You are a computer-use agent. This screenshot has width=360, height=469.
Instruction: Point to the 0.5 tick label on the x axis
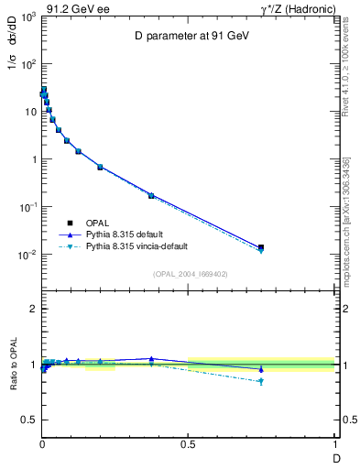[189, 445]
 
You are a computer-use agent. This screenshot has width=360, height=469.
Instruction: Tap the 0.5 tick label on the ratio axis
[28, 420]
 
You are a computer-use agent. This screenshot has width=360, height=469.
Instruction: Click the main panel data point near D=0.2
[100, 167]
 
